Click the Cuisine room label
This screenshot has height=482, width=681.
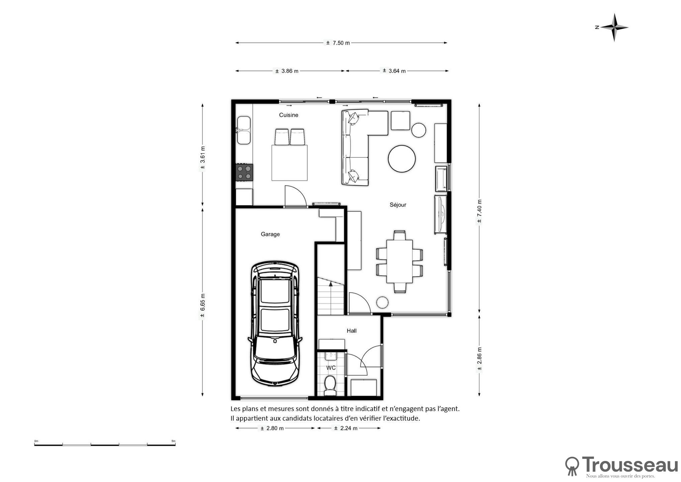[288, 115]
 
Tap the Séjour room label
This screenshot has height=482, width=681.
[398, 205]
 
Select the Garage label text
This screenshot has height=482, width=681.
[270, 234]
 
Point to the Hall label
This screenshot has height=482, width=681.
[351, 331]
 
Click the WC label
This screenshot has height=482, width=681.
[331, 368]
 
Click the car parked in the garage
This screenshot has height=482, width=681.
[275, 324]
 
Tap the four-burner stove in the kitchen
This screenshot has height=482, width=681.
[244, 172]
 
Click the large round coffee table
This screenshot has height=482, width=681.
[402, 159]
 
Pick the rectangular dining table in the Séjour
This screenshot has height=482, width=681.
[400, 261]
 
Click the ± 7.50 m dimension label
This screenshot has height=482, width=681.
[338, 43]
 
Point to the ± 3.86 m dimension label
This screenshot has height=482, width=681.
[287, 71]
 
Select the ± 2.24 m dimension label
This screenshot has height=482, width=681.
[346, 428]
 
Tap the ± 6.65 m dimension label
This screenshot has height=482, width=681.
[202, 306]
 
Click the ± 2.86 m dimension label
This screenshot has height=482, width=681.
[479, 359]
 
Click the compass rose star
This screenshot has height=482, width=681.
[614, 27]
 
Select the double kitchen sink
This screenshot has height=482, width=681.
[244, 130]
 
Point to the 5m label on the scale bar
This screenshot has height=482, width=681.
[173, 441]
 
